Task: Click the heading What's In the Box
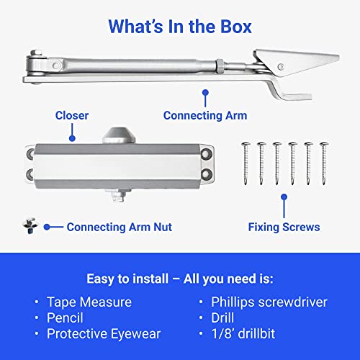point(180,27)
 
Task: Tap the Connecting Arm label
point(204,115)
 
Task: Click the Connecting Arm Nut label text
point(119,227)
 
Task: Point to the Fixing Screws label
point(284,227)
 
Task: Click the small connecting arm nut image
point(29,226)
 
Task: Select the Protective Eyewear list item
point(103,333)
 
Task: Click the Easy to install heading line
point(180,278)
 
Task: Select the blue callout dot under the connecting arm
point(204,93)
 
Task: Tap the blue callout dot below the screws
point(284,196)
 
